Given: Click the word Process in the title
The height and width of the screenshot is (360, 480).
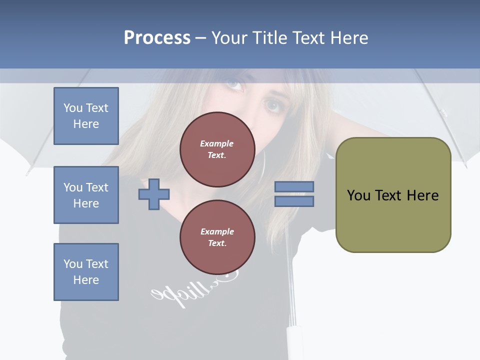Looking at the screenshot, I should (x=157, y=38).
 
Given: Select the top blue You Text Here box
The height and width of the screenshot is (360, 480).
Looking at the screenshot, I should (x=86, y=116).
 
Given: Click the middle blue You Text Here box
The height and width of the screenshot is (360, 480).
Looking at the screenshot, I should (x=86, y=195).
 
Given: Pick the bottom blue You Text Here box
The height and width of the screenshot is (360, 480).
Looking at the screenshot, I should (x=86, y=272).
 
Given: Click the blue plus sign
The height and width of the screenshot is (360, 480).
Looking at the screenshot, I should (x=154, y=194).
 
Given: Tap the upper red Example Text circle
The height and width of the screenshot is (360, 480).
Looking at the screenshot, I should (x=217, y=149).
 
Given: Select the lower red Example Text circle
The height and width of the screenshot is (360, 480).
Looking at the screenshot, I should (x=217, y=237).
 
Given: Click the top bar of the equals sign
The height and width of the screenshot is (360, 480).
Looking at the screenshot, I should (x=294, y=187).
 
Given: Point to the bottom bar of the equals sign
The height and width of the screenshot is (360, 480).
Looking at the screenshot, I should (x=294, y=201).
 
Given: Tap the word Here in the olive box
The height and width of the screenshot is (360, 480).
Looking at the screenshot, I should (x=422, y=195).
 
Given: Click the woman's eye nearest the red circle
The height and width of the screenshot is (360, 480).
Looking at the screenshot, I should (x=272, y=105).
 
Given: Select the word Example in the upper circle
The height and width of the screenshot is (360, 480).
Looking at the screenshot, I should (x=217, y=143).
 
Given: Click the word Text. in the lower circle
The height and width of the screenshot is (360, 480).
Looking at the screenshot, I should (x=217, y=243).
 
